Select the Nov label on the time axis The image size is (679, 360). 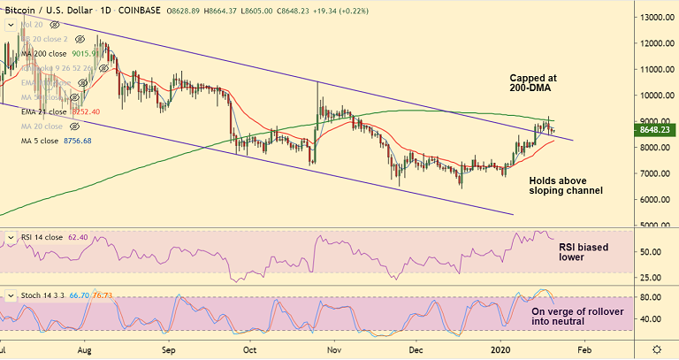point(333,349)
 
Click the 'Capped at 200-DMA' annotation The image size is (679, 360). point(539,83)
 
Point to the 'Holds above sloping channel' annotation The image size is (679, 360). point(566,185)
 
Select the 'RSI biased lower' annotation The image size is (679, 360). point(584,252)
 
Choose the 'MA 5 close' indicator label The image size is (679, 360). point(42,140)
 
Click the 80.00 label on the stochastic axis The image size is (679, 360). point(652,298)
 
